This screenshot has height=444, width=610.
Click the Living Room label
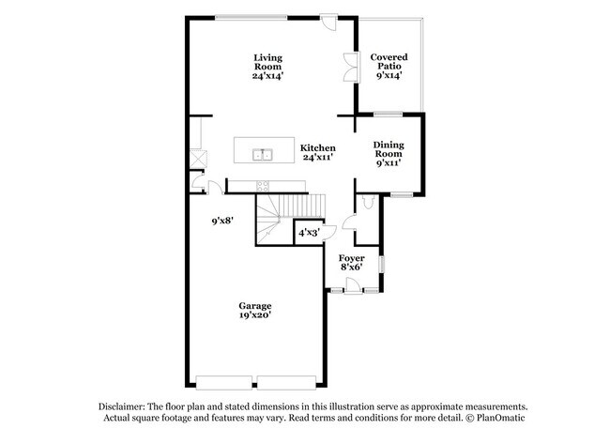coord(267,67)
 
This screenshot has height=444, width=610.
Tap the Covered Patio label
coord(389,66)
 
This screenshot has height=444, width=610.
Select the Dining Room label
coord(389,154)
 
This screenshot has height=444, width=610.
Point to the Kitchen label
coord(318,153)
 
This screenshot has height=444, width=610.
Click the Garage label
coord(255,311)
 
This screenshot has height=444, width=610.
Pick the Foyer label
coord(352,263)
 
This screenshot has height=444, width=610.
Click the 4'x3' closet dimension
coord(309,233)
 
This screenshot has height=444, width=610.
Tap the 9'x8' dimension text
coord(222,221)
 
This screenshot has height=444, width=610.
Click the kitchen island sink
coord(263,155)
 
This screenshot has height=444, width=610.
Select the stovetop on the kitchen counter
coord(263,186)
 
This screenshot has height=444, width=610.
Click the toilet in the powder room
coord(368,202)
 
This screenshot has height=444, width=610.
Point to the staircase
coord(290,219)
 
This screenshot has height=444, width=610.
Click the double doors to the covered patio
coord(351,67)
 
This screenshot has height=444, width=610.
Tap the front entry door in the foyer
coord(354,284)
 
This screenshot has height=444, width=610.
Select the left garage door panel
coord(223,382)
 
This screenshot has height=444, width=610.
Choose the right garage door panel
coord(287,382)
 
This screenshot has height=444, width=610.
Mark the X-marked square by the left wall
coord(198,159)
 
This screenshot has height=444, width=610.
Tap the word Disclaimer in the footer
coord(122,406)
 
